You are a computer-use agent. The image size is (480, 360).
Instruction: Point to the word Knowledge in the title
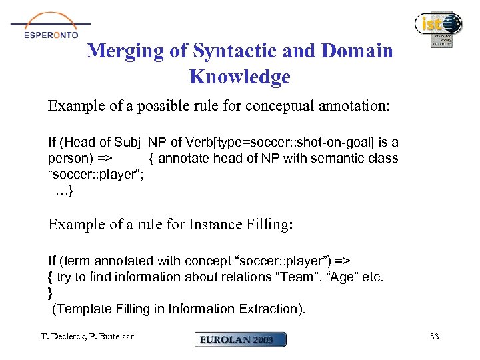[240, 77]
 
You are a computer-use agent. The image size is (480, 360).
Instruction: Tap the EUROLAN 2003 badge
[240, 339]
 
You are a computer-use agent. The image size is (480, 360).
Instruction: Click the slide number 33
[434, 337]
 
